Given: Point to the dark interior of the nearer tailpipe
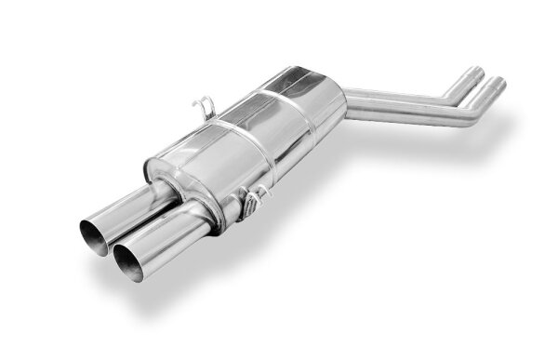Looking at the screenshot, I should pyautogui.click(x=131, y=263).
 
